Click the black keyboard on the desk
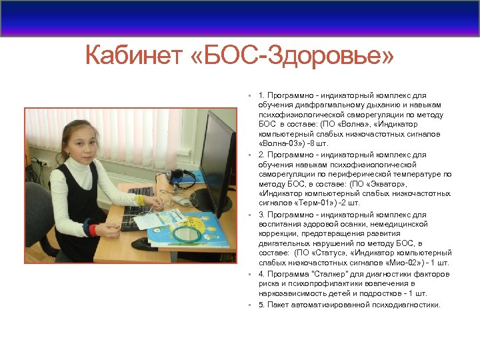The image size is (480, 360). pos(139,212)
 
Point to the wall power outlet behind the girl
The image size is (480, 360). pos(41,161)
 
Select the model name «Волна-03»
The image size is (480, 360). pos(279,143)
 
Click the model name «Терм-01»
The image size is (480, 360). pos(311,203)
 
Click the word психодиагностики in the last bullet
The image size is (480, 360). pos(407,305)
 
